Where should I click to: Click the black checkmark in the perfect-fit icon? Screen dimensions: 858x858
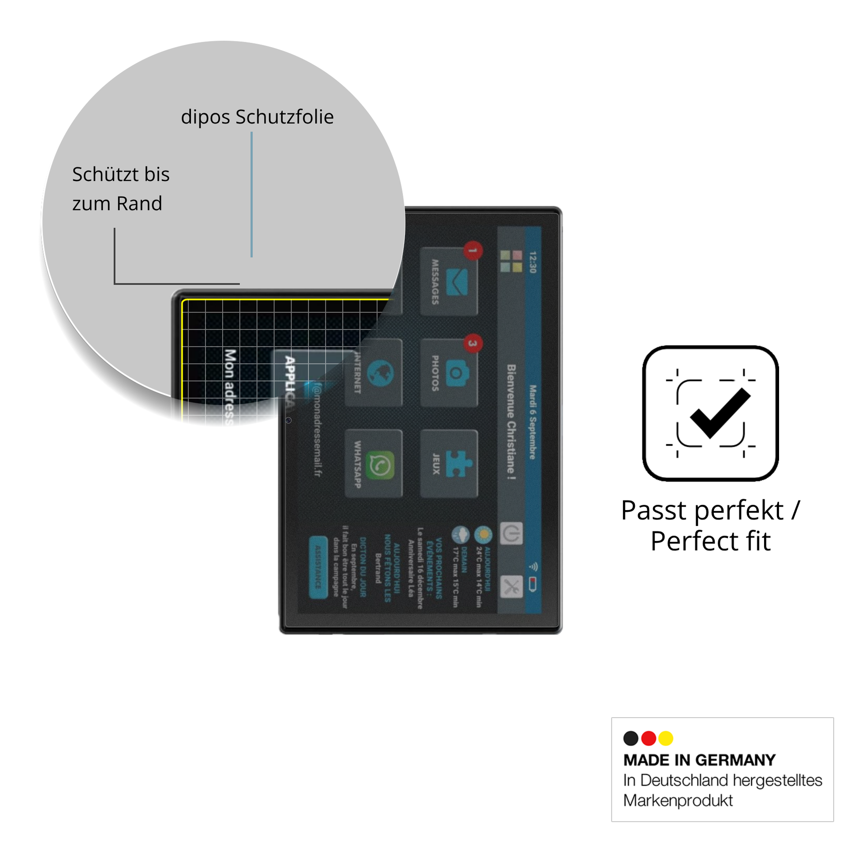tap(720, 413)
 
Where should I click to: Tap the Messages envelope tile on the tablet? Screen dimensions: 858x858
tap(448, 281)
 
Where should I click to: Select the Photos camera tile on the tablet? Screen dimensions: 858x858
tap(448, 373)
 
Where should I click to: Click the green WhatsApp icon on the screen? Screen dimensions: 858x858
tap(380, 465)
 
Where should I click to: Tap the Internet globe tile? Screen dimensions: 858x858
tap(380, 373)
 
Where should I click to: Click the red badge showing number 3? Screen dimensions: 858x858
tap(474, 343)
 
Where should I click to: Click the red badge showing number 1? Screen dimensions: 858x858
tap(474, 250)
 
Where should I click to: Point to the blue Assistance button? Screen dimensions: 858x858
tap(318, 567)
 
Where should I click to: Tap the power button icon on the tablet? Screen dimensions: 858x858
tap(511, 533)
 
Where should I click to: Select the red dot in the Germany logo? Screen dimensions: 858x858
tap(649, 738)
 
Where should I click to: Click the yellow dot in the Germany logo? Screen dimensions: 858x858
tap(666, 738)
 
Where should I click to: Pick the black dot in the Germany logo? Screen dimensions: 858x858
tap(630, 738)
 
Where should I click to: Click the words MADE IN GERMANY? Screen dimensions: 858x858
tap(699, 760)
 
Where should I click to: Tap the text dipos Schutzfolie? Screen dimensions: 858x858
tap(257, 117)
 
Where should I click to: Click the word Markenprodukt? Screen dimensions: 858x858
tap(678, 800)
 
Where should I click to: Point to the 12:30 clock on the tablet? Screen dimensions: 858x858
tap(533, 262)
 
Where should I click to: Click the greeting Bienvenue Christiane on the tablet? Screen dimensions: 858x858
tap(511, 422)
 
